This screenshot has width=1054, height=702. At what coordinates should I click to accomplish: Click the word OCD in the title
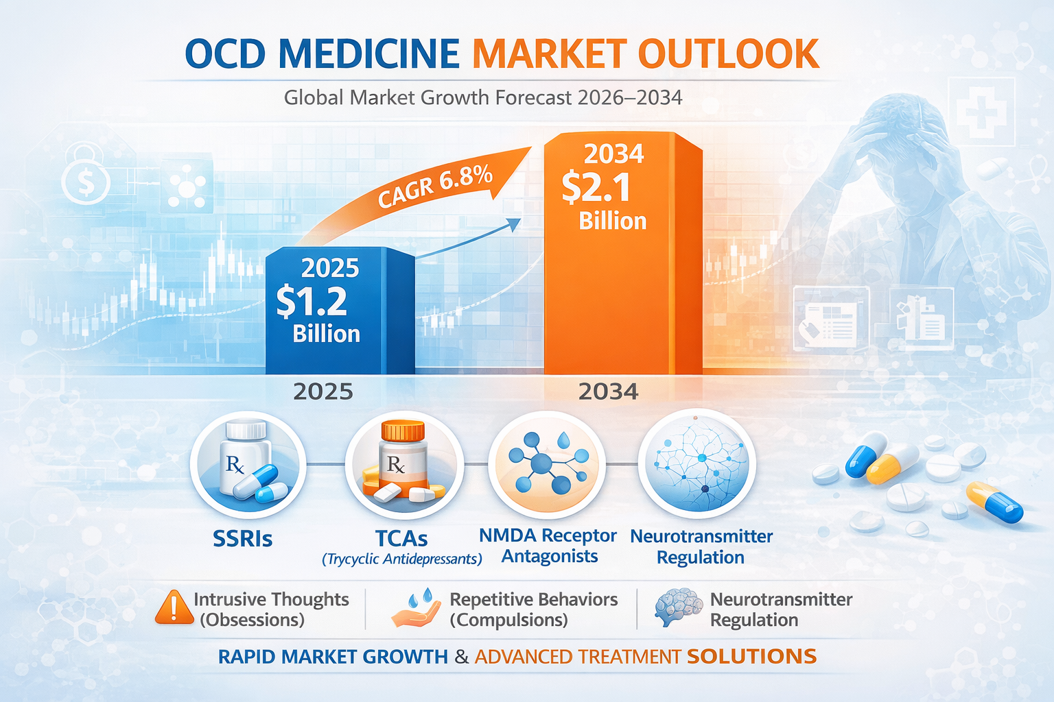tap(225, 53)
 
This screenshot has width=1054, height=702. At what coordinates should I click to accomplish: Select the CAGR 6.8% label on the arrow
tap(435, 186)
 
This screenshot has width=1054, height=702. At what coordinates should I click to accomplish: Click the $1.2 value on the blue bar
tap(312, 302)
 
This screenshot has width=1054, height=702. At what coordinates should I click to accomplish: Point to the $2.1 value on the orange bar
tap(596, 188)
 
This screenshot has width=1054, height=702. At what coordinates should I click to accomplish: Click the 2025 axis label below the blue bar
tap(323, 391)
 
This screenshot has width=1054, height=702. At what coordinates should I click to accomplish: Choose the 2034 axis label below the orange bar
tap(608, 391)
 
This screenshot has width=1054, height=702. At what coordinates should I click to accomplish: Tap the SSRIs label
tap(243, 539)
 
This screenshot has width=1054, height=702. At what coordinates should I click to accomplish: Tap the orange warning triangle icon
tap(174, 607)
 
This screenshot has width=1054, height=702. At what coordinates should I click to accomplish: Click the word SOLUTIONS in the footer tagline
tap(751, 656)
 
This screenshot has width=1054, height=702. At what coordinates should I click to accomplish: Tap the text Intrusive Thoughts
tap(271, 599)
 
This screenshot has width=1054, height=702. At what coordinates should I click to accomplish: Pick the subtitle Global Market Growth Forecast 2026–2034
tap(483, 98)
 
